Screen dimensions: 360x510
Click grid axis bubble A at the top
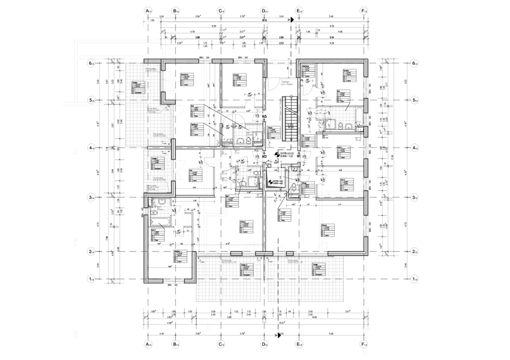(x=147, y=10)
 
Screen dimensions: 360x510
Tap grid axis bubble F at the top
(x=363, y=10)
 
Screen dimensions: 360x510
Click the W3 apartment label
(x=265, y=117)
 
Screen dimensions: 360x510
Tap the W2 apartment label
(x=265, y=157)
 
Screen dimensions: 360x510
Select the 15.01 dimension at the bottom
(x=281, y=323)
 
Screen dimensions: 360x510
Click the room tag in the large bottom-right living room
(x=325, y=229)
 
